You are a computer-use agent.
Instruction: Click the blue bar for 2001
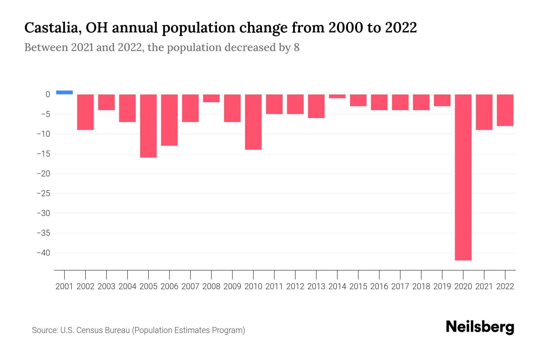click(x=64, y=92)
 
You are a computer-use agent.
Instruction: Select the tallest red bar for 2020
click(x=463, y=177)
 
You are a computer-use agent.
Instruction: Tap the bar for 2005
click(x=148, y=126)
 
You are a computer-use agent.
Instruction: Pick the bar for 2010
click(x=253, y=122)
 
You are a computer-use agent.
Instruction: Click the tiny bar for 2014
click(x=337, y=96)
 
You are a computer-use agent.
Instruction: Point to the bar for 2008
click(x=211, y=98)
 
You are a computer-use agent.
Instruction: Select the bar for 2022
click(x=505, y=110)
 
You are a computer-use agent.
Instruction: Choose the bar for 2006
click(x=169, y=120)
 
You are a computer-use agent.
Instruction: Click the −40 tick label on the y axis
click(x=43, y=253)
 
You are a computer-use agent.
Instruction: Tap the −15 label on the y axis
click(x=43, y=154)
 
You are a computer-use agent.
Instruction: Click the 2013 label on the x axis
click(x=316, y=286)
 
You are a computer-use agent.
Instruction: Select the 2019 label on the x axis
click(x=442, y=286)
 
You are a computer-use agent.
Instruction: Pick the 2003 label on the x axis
click(x=106, y=286)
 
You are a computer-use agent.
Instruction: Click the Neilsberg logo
click(x=480, y=327)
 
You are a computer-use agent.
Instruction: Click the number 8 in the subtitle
click(x=296, y=47)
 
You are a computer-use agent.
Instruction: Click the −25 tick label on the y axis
click(x=43, y=193)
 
